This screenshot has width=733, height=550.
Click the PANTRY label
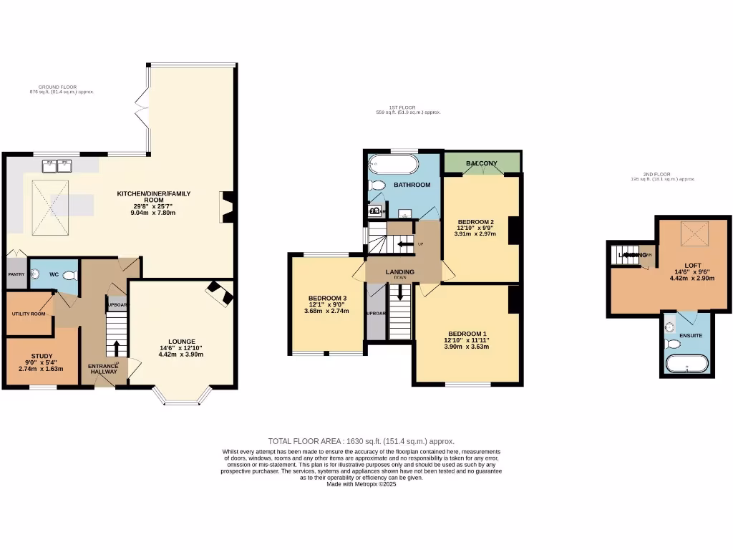click(x=16, y=274)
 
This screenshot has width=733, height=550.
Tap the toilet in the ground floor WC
click(x=69, y=275)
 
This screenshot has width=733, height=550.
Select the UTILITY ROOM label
click(x=29, y=314)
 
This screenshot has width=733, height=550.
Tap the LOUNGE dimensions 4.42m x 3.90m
click(x=181, y=354)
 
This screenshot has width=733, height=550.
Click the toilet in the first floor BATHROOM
click(x=376, y=185)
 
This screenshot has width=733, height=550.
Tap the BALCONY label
click(x=482, y=163)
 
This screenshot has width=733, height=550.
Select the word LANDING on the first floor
click(x=399, y=271)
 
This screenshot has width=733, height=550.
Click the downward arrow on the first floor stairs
click(x=399, y=293)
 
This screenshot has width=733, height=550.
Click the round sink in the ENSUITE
click(x=669, y=327)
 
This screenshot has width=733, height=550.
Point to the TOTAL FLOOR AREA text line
click(x=361, y=441)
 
